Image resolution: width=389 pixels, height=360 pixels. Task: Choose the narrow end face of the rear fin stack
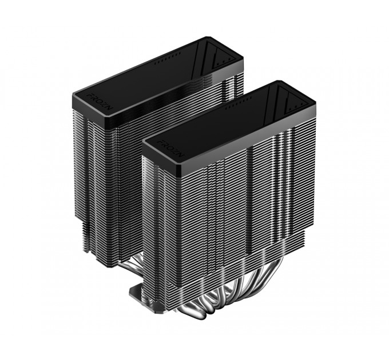coord(97,171)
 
